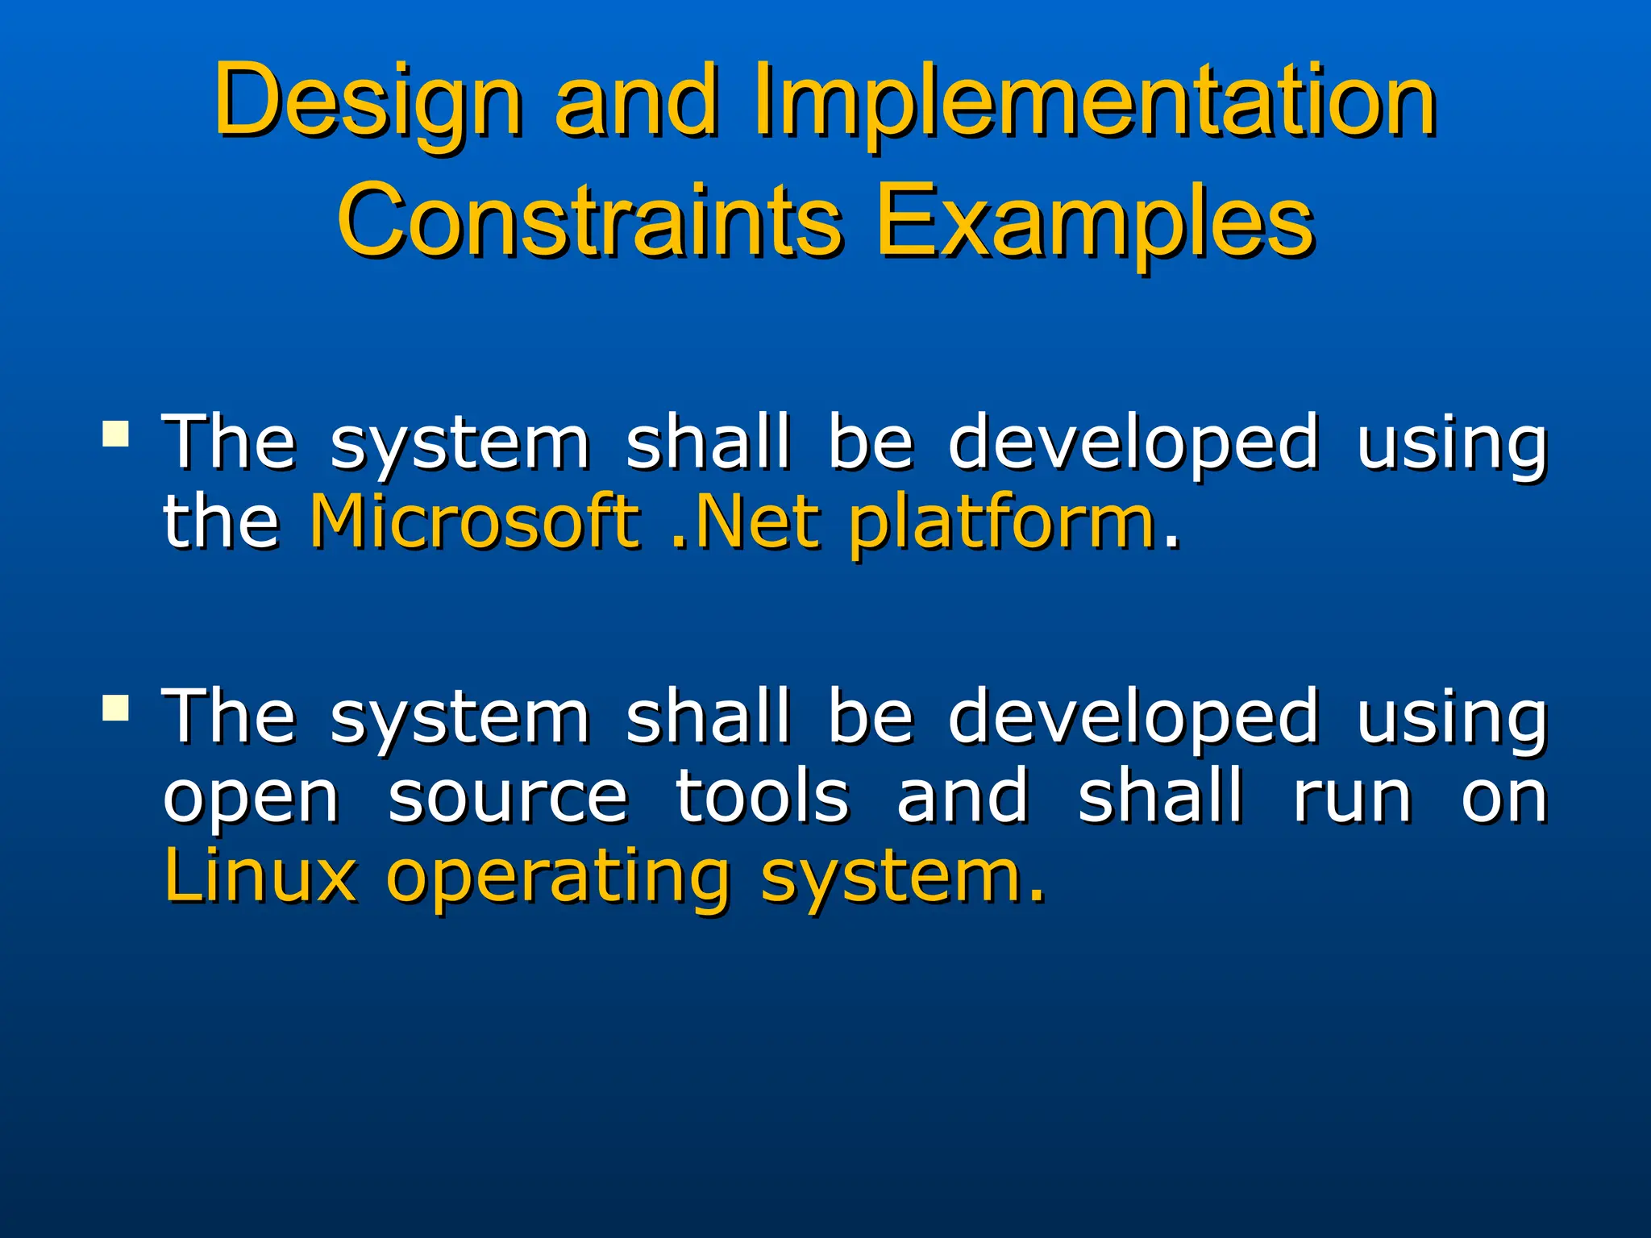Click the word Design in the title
pos(368,103)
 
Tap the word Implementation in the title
pos(1094,103)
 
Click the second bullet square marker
pos(116,708)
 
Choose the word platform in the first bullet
pos(1003,524)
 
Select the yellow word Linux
pos(260,876)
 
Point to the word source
pos(508,798)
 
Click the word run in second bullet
pos(1353,798)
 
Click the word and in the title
pos(637,103)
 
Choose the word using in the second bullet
pos(1451,719)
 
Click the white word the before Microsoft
pos(221,522)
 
